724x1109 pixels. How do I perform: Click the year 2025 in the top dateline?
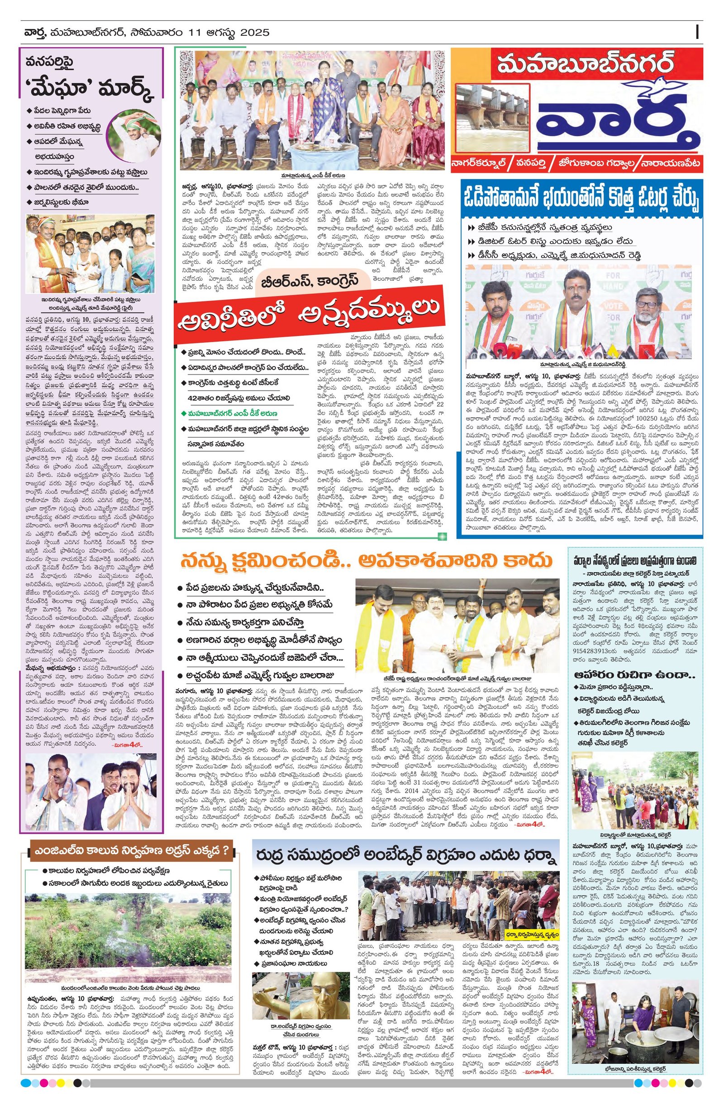coord(255,33)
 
